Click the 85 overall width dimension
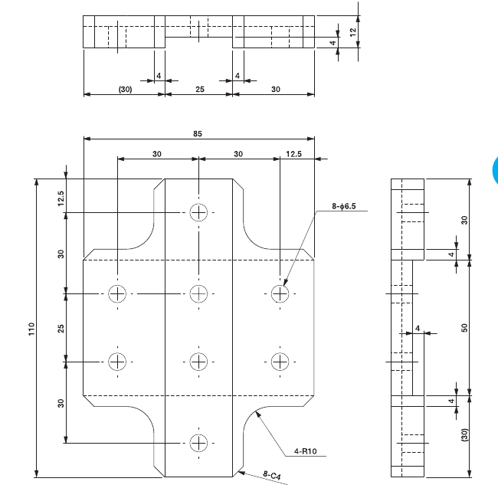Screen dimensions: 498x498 point(198,134)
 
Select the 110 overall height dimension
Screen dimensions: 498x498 point(31,328)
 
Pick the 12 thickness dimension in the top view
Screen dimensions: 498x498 point(352,31)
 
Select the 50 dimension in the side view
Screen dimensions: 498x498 point(465,327)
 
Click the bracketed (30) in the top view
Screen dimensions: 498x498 point(125,89)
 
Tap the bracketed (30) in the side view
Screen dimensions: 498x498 point(465,437)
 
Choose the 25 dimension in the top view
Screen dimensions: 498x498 point(199,89)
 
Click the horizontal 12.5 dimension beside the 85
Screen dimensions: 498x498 point(294,154)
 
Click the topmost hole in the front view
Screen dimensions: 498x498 point(198,212)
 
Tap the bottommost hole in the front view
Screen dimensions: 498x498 point(198,442)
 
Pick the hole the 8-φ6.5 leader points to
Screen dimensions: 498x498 point(280,293)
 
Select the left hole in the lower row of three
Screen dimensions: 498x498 point(117,361)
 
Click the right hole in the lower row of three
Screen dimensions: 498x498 point(280,361)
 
